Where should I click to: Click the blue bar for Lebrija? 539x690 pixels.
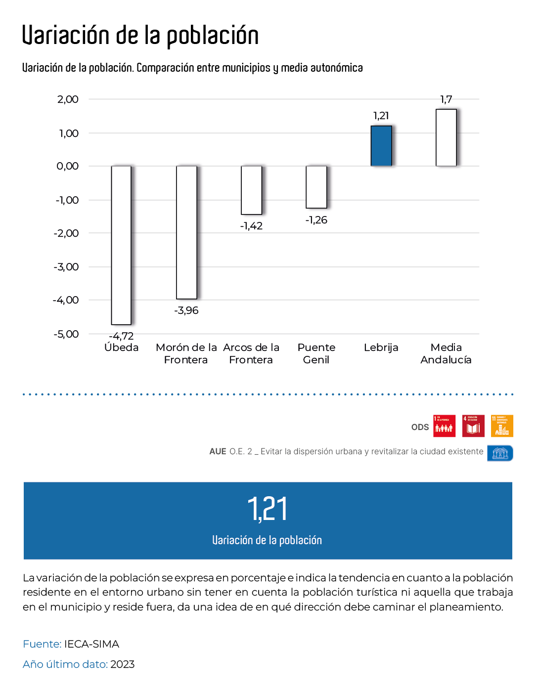(x=381, y=146)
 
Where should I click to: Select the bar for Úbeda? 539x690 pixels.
(x=121, y=245)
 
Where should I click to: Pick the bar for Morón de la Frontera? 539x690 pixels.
(x=186, y=232)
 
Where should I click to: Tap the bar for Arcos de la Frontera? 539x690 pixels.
(x=251, y=190)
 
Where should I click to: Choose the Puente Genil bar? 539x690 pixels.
(x=316, y=187)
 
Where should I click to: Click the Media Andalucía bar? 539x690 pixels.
(x=446, y=137)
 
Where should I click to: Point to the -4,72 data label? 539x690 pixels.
(x=121, y=336)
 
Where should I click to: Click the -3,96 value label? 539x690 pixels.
(x=186, y=310)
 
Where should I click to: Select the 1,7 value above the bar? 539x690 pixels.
(x=446, y=100)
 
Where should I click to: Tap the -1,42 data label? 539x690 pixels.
(x=251, y=226)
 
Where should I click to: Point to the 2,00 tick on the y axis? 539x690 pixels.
(x=68, y=99)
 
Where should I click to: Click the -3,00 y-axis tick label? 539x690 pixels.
(x=66, y=267)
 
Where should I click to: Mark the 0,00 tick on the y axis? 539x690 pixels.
(x=68, y=166)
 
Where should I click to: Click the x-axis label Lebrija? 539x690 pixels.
(x=381, y=347)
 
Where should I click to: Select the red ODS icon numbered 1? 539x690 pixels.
(x=444, y=426)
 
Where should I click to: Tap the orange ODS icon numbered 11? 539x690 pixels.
(x=502, y=426)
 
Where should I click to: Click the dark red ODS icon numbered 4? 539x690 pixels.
(x=473, y=426)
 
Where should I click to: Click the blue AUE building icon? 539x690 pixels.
(x=500, y=453)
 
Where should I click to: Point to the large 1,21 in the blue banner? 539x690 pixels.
(x=267, y=509)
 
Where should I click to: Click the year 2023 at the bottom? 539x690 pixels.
(x=122, y=664)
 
